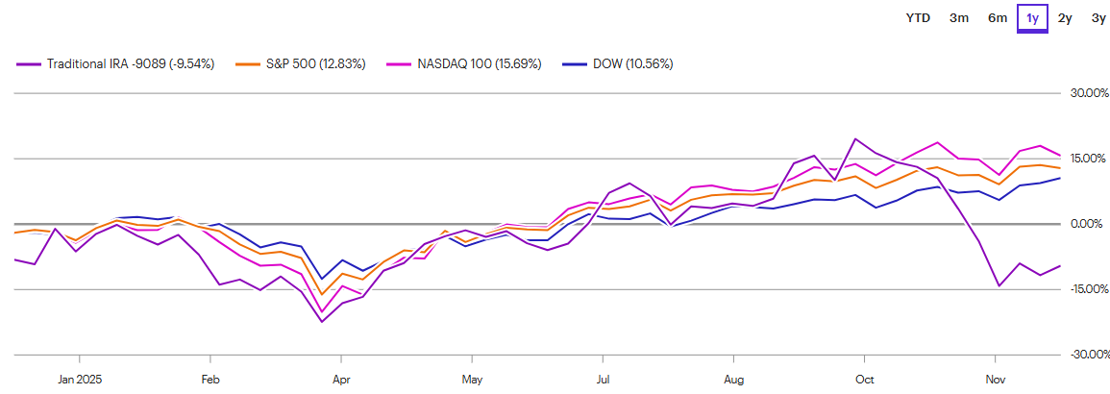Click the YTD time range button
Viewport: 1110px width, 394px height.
918,17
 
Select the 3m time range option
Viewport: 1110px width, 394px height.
958,17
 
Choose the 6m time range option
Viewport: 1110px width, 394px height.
998,17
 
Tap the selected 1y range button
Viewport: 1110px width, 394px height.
1032,17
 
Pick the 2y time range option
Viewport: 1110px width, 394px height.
1065,17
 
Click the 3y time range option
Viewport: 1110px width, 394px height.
1097,17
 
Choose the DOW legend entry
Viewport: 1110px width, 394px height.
624,63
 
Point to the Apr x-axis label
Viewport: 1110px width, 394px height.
340,379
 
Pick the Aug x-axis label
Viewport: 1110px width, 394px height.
734,379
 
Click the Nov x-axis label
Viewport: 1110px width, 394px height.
997,379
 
